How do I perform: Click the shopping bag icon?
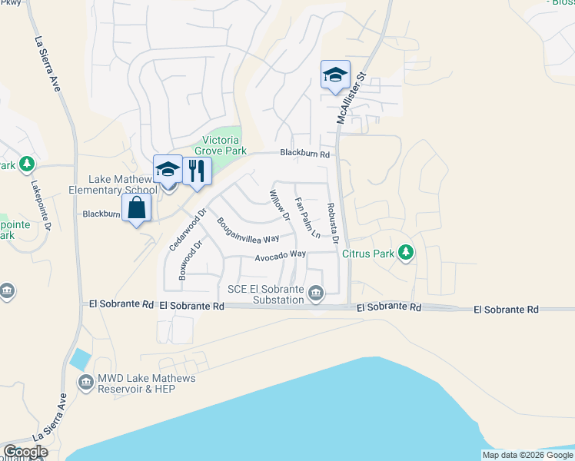(136, 208)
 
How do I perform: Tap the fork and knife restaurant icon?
(197, 171)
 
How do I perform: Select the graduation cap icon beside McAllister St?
(335, 75)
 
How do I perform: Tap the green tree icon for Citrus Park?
(406, 253)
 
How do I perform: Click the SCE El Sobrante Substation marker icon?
(316, 293)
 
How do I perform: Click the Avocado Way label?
(281, 254)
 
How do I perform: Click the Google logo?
(25, 452)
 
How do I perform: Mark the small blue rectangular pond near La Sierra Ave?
(79, 359)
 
